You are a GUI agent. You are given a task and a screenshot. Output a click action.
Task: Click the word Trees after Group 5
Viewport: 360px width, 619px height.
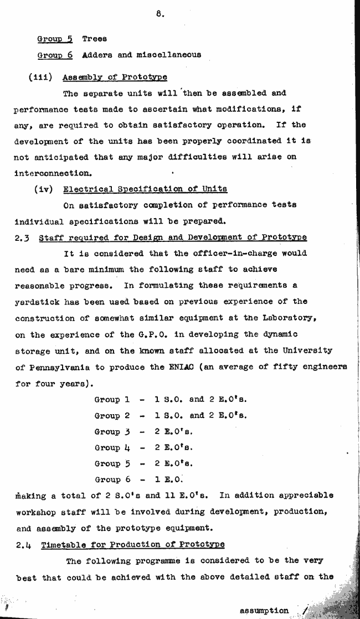(94, 39)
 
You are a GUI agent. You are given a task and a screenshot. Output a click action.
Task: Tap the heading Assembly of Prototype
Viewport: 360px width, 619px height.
(115, 77)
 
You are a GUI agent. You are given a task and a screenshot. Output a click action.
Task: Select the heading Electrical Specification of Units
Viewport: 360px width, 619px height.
(145, 189)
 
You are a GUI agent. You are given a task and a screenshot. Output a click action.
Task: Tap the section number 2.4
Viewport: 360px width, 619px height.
(23, 544)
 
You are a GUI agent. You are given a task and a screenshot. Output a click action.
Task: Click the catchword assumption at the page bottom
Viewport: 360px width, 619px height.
(264, 610)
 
